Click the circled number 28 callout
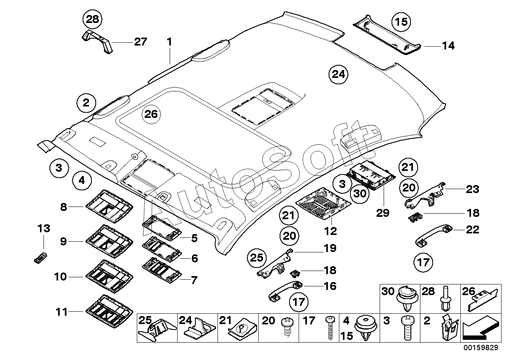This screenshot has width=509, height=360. point(93,19)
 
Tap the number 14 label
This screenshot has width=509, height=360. point(448,46)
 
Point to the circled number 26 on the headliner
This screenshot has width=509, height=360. point(151,114)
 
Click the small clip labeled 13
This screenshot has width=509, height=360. point(40,258)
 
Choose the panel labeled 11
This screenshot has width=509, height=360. point(109,311)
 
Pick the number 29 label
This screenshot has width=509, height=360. point(383,213)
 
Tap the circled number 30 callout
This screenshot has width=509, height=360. point(360,193)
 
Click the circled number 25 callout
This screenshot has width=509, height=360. point(257,258)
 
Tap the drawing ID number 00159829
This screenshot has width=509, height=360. point(481,347)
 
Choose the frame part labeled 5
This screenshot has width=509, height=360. point(162,228)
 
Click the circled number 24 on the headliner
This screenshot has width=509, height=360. point(339,74)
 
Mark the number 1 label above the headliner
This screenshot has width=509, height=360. point(169,42)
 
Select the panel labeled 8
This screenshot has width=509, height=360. point(109,207)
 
